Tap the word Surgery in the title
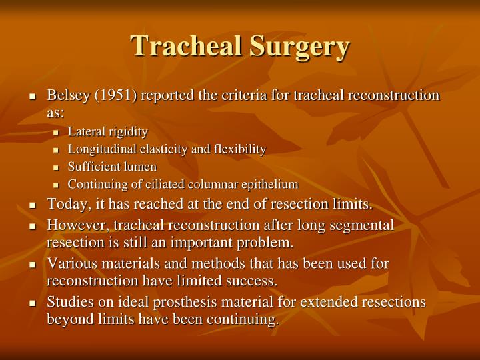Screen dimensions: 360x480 click(299, 47)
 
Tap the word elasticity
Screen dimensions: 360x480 click(166, 149)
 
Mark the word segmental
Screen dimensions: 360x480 click(363, 225)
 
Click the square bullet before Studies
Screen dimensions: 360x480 click(32, 303)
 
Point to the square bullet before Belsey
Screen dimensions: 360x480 click(32, 96)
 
